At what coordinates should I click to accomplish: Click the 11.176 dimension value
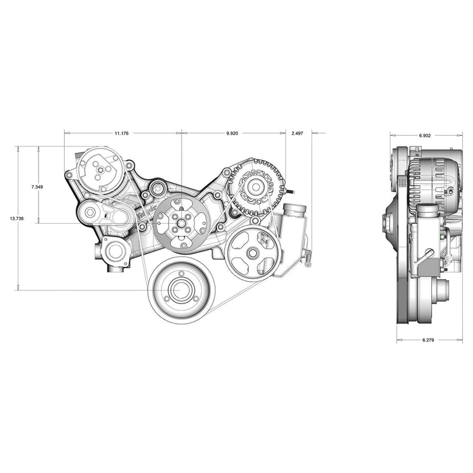122,133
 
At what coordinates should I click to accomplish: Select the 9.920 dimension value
232,133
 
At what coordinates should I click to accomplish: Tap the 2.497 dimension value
297,133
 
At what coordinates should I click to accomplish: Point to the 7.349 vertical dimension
37,187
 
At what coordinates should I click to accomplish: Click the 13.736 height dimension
17,218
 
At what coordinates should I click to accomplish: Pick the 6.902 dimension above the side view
425,136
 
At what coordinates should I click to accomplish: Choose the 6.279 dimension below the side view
428,340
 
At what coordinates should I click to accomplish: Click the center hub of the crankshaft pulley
180,290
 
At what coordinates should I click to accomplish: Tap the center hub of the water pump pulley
181,224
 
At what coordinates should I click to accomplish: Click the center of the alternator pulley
256,187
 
